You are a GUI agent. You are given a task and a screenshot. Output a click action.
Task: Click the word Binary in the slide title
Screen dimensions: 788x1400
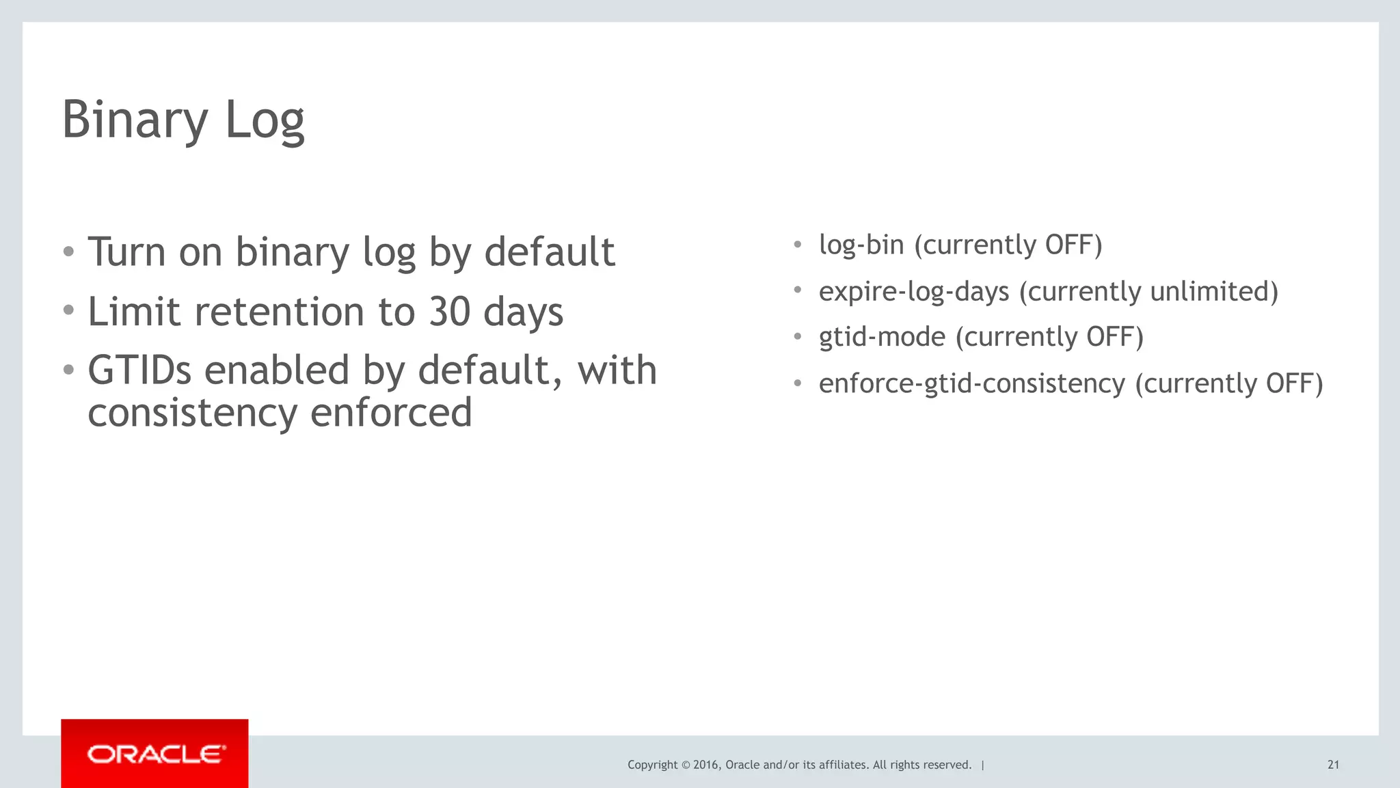click(135, 120)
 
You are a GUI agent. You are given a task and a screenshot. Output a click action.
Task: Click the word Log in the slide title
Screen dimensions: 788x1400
click(265, 120)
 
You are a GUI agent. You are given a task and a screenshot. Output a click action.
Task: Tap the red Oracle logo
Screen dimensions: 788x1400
click(154, 754)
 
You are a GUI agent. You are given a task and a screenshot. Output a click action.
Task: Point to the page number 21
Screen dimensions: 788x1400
click(1333, 765)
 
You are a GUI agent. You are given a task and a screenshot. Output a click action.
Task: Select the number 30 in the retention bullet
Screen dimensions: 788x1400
click(449, 312)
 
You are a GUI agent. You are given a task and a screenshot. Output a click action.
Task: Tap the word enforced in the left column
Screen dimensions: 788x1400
click(391, 413)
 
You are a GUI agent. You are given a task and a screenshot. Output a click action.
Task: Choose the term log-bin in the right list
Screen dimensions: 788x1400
click(861, 245)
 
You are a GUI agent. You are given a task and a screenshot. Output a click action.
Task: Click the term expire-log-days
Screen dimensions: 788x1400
click(914, 292)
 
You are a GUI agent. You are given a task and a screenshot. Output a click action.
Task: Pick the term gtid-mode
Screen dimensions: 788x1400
click(882, 337)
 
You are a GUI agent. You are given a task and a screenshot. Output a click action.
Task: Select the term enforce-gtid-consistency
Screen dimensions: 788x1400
click(971, 383)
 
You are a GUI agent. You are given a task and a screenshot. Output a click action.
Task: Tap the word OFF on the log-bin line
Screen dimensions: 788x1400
click(1069, 245)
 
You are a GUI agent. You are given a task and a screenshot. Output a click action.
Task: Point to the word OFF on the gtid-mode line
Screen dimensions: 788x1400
click(1110, 337)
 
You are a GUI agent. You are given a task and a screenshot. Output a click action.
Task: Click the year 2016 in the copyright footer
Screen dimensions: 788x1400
click(705, 765)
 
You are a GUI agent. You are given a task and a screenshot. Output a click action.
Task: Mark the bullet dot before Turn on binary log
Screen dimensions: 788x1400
click(68, 252)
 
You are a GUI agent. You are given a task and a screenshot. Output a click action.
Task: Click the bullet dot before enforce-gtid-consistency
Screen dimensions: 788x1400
click(797, 383)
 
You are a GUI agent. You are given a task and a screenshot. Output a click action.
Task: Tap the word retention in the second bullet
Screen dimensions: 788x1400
click(280, 312)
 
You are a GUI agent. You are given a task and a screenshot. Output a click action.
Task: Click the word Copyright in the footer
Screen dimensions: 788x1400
click(652, 765)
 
